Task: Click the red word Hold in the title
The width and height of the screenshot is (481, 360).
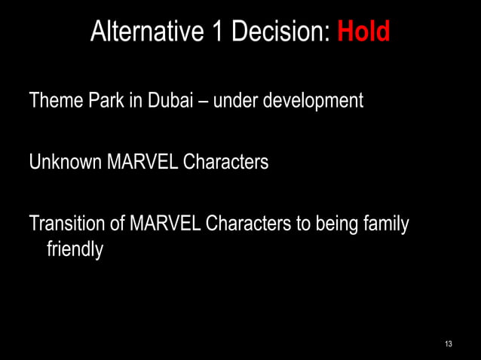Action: (x=363, y=32)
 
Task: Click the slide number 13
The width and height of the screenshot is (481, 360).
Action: (x=449, y=344)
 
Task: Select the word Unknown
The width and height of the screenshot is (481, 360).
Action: (x=63, y=161)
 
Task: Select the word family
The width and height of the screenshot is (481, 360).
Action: (x=386, y=225)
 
